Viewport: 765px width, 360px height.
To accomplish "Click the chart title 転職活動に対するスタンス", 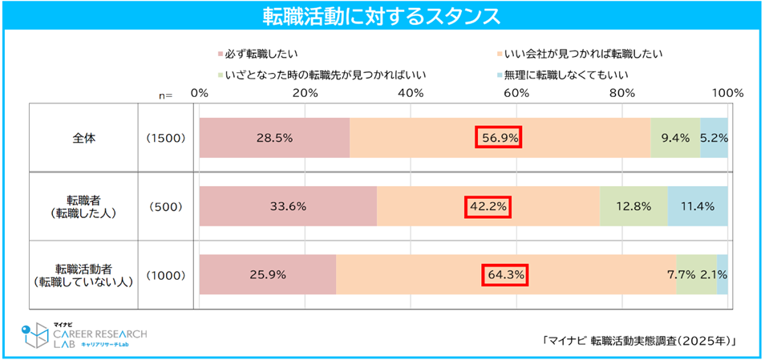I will [382, 16].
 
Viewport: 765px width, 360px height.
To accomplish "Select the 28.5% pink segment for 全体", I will [274, 138].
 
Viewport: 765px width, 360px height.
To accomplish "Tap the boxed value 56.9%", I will [500, 138].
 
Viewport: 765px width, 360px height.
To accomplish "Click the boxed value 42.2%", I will [488, 206].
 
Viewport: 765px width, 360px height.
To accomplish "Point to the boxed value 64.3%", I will [504, 275].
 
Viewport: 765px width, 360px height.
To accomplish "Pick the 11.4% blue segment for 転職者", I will [698, 206].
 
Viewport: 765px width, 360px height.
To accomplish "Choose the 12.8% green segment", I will [633, 206].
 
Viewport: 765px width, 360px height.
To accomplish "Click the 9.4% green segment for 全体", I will [675, 138].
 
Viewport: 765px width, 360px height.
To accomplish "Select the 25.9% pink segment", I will [268, 275].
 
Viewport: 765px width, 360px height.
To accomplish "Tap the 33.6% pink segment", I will [288, 206].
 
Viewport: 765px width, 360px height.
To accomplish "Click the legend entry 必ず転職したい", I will [257, 55].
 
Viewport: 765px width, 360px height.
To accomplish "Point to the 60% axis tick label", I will [516, 93].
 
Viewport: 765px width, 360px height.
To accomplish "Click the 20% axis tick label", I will [305, 93].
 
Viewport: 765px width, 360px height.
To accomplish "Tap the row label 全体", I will [83, 138].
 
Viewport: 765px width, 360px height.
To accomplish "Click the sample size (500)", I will [167, 206].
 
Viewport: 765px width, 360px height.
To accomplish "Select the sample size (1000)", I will [167, 275].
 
